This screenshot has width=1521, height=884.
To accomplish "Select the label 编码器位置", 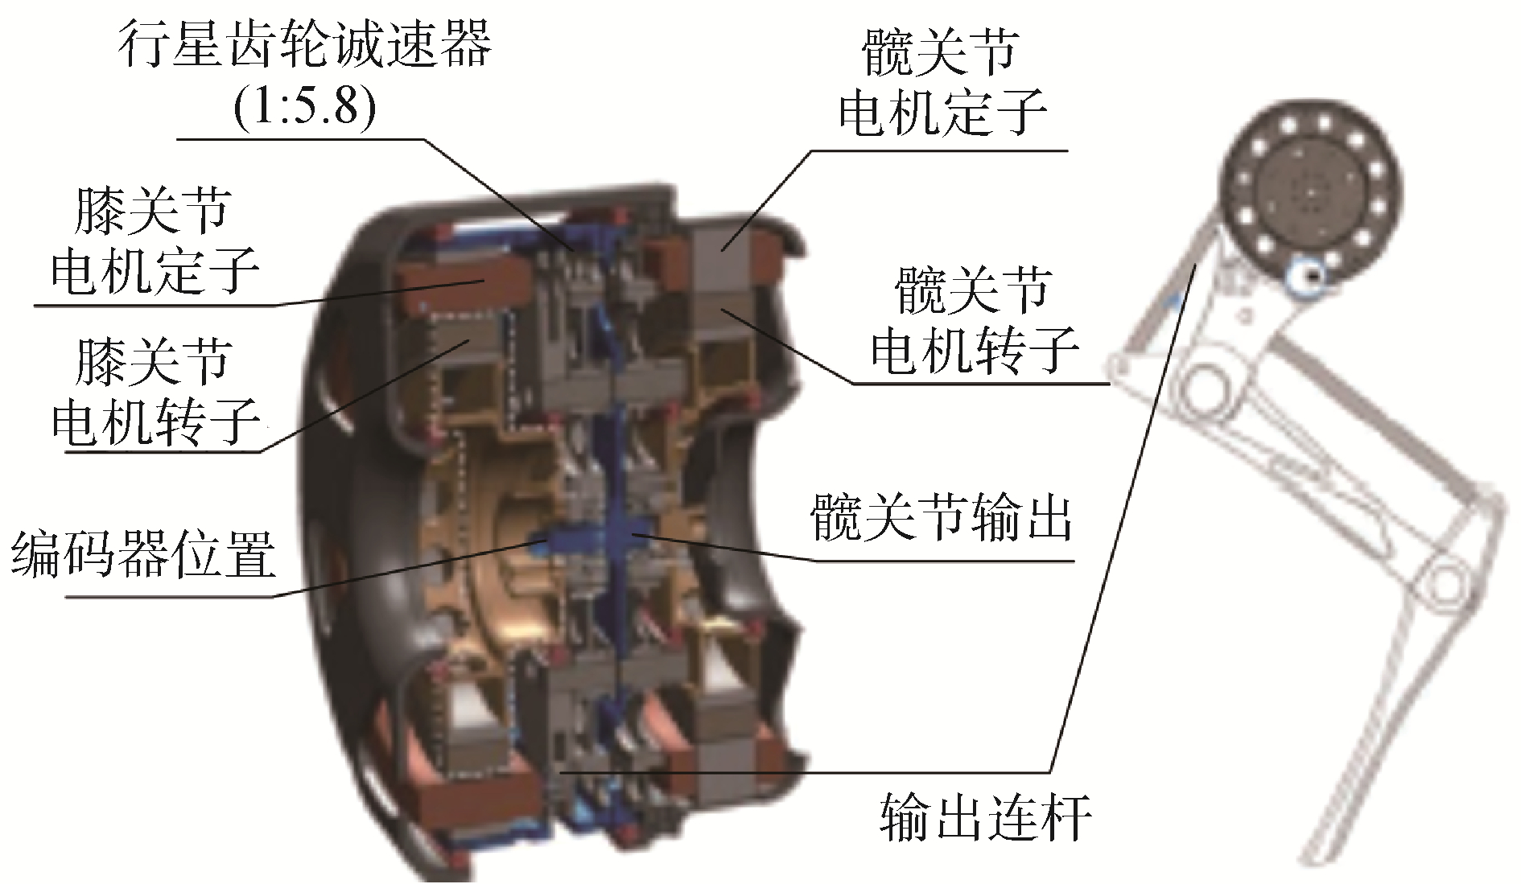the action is coord(143,553).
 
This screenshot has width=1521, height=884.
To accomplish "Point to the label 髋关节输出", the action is coord(942,518).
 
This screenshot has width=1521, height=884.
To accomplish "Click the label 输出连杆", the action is coord(986,817).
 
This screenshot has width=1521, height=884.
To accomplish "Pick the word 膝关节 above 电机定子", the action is coord(153,212).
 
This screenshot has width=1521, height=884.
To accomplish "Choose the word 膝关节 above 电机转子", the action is coord(153,362).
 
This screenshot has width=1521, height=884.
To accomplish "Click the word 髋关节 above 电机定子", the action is coord(940,53).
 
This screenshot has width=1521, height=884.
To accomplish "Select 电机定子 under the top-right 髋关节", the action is coord(942,113).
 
